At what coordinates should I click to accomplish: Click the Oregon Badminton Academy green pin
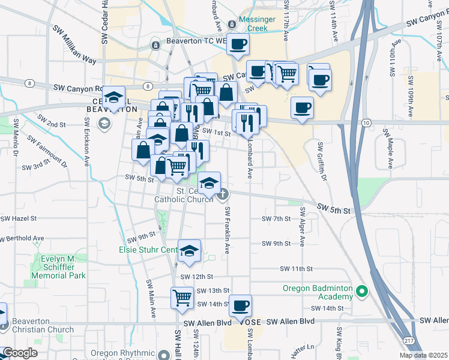[x=361, y=292]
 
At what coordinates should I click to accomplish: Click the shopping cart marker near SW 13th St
[x=182, y=297]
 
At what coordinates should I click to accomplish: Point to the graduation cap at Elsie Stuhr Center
[x=190, y=250]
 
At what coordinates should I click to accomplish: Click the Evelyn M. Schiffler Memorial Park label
[x=58, y=267]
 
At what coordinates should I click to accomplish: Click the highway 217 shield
[x=409, y=341]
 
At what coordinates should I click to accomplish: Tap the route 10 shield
[x=366, y=122]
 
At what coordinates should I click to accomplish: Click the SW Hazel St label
[x=18, y=218]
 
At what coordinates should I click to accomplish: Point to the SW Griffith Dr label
[x=321, y=161]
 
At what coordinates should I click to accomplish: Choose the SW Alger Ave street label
[x=303, y=227]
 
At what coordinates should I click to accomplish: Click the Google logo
[x=20, y=353]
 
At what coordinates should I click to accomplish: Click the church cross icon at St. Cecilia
[x=223, y=193]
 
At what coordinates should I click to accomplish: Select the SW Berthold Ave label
[x=22, y=238]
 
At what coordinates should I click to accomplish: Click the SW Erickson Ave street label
[x=88, y=141]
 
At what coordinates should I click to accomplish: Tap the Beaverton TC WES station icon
[x=155, y=44]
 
